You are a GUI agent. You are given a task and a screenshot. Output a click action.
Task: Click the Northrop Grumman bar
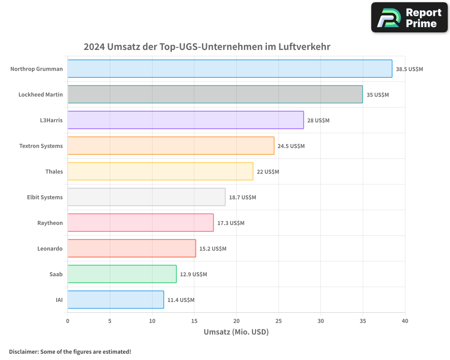(229, 69)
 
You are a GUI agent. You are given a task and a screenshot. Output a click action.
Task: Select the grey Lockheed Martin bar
(215, 94)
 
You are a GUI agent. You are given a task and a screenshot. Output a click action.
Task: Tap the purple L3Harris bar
(185, 120)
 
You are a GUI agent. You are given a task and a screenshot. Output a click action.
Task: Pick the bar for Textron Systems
(171, 146)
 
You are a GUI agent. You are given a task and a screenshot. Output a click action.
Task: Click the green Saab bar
(122, 274)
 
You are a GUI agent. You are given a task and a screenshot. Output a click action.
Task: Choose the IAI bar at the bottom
(116, 300)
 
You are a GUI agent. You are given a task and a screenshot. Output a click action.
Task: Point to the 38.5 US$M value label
(409, 69)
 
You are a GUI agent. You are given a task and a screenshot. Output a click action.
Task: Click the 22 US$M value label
(268, 172)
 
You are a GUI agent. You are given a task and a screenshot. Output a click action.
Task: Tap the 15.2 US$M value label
(213, 249)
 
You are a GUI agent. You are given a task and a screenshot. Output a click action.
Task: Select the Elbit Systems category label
(45, 198)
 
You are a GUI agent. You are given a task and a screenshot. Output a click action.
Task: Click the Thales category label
(54, 172)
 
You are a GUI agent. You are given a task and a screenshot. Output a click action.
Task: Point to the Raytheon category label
(50, 223)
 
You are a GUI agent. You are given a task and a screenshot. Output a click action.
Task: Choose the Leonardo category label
(50, 249)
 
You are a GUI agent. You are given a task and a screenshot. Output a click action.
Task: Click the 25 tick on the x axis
(279, 321)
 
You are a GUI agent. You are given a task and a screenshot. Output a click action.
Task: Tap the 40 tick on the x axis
(405, 321)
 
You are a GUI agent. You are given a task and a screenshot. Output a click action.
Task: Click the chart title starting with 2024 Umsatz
(207, 47)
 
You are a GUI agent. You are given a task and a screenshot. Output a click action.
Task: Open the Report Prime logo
(409, 18)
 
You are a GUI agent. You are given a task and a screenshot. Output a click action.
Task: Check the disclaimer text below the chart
(70, 351)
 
